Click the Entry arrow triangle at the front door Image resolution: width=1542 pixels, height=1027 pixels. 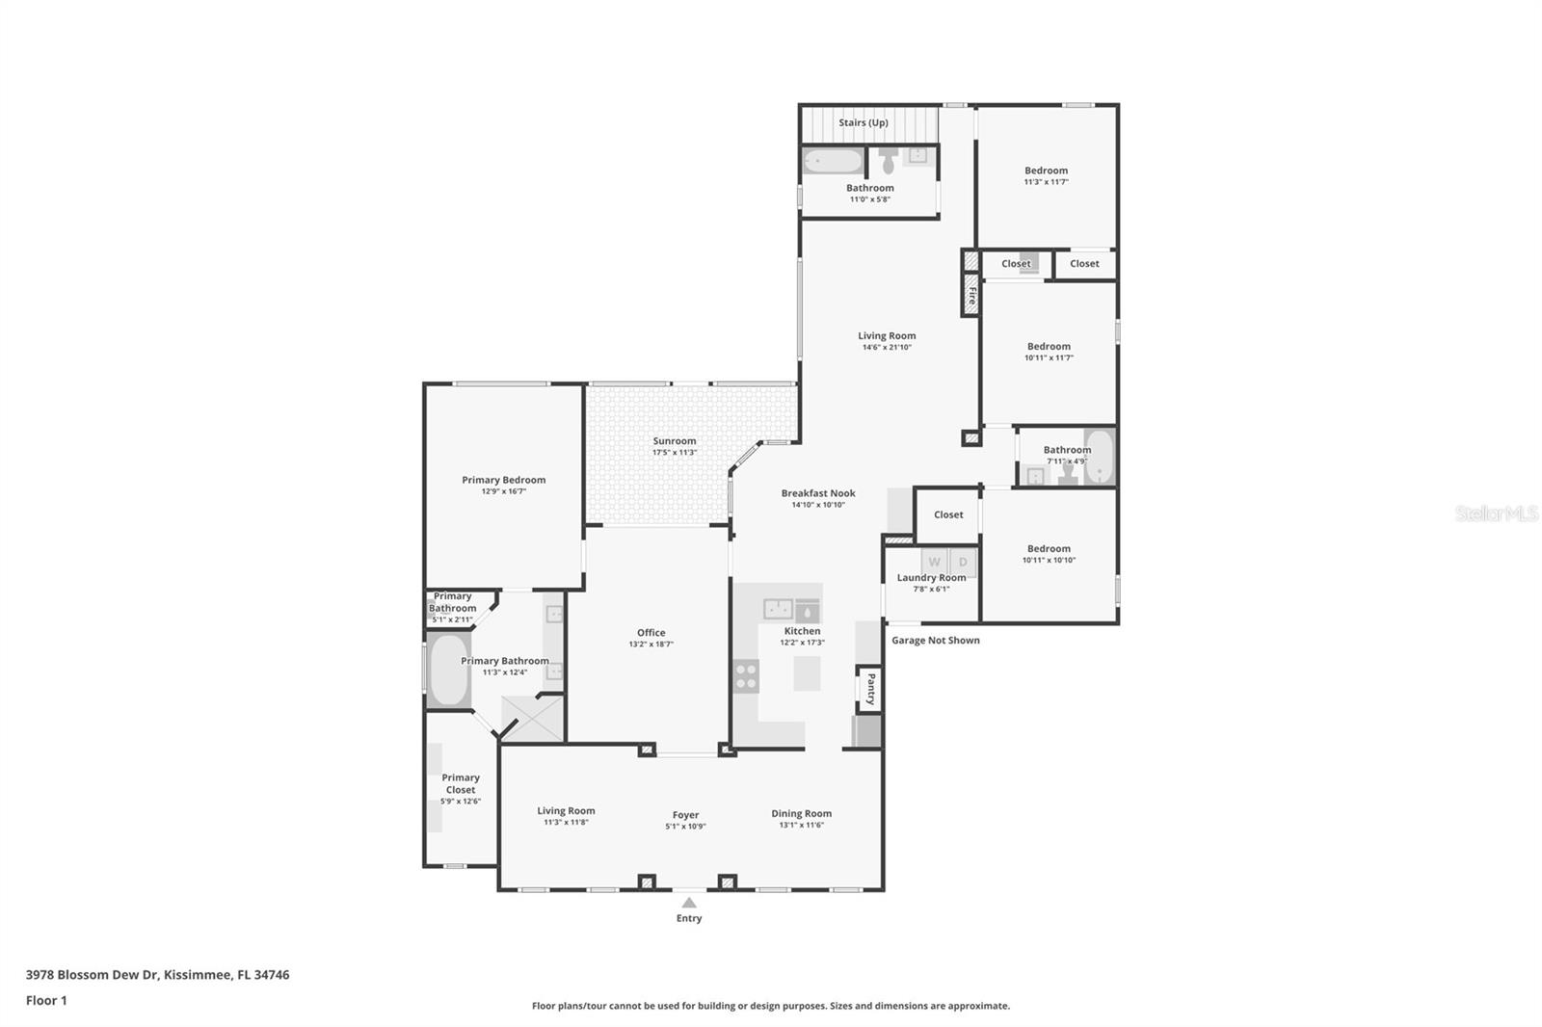click(689, 903)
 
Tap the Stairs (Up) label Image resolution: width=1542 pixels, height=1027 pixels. click(863, 122)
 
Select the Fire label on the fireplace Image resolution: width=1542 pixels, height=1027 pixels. click(971, 295)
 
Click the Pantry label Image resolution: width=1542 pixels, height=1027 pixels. click(869, 690)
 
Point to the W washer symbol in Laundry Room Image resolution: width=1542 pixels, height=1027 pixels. click(934, 562)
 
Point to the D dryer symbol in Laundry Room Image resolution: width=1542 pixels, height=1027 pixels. click(963, 562)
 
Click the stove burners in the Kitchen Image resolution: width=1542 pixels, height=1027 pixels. click(746, 675)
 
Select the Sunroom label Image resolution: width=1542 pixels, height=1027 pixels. click(674, 441)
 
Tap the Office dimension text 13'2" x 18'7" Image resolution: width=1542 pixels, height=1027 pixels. click(651, 645)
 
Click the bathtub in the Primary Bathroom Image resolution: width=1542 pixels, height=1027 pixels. click(448, 669)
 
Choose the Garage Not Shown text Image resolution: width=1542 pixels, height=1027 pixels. click(935, 640)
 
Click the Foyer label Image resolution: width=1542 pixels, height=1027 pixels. click(685, 815)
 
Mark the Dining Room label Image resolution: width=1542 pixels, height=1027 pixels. click(801, 813)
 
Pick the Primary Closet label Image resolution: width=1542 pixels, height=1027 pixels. click(461, 783)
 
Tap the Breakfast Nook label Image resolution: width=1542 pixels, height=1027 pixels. click(818, 493)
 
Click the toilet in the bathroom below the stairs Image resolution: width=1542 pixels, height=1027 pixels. click(889, 158)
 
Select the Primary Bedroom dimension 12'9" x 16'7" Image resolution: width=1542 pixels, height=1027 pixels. click(503, 491)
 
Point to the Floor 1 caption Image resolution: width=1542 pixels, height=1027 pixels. click(46, 1000)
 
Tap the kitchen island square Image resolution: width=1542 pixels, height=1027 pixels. click(807, 672)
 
